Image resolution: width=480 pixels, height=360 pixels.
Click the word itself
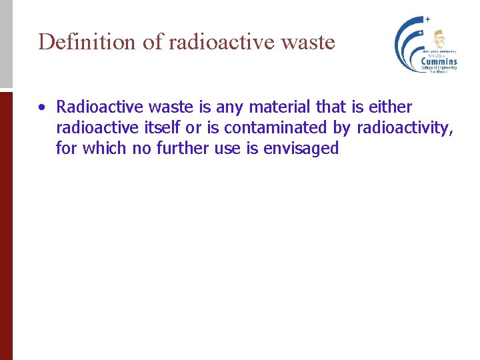pos(161,127)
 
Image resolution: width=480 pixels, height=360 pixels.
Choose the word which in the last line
pos(105,148)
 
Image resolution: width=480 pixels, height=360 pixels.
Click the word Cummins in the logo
pos(439,62)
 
